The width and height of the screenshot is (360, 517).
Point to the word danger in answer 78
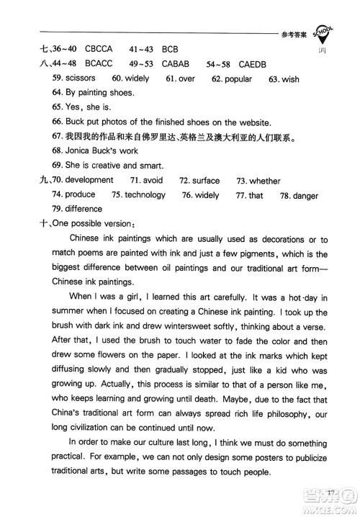tap(305, 194)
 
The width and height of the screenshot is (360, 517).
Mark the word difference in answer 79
tap(85, 209)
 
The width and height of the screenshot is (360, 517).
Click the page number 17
tap(330, 492)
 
